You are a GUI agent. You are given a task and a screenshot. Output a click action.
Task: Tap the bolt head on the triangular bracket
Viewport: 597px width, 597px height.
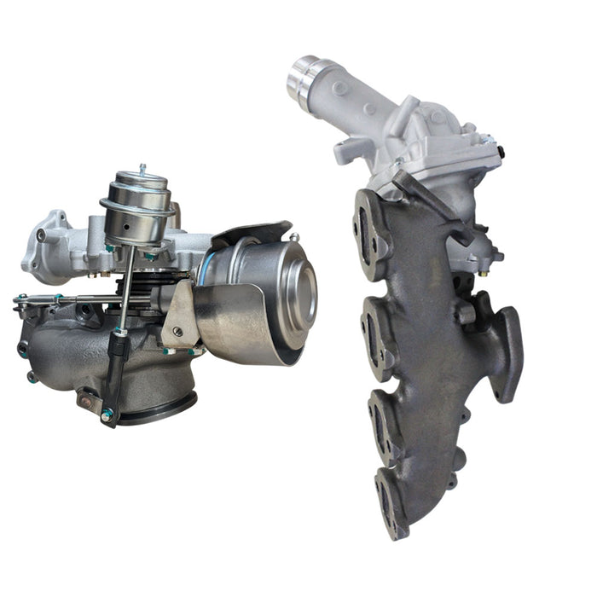pyautogui.click(x=177, y=331)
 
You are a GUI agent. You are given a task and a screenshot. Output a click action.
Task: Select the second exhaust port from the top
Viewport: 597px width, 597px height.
pyautogui.click(x=376, y=327)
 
